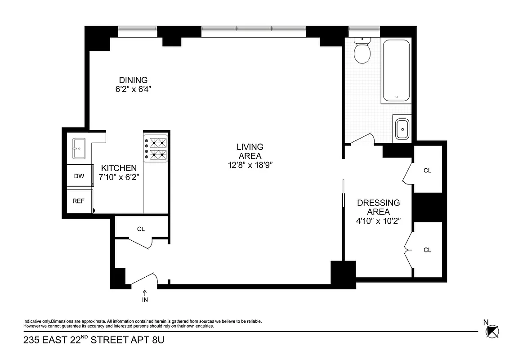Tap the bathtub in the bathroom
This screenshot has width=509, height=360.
[396, 71]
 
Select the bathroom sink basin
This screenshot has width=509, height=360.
[402, 129]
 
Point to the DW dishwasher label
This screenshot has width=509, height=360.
[79, 176]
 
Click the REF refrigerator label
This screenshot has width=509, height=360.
[79, 201]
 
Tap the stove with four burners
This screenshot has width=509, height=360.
[156, 149]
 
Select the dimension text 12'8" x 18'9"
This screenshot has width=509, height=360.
[250, 165]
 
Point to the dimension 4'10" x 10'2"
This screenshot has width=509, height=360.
[378, 220]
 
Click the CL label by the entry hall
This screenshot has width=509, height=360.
[141, 229]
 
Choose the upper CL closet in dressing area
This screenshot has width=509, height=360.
[427, 171]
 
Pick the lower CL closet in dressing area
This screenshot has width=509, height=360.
[427, 250]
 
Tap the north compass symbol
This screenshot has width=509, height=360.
[492, 331]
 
